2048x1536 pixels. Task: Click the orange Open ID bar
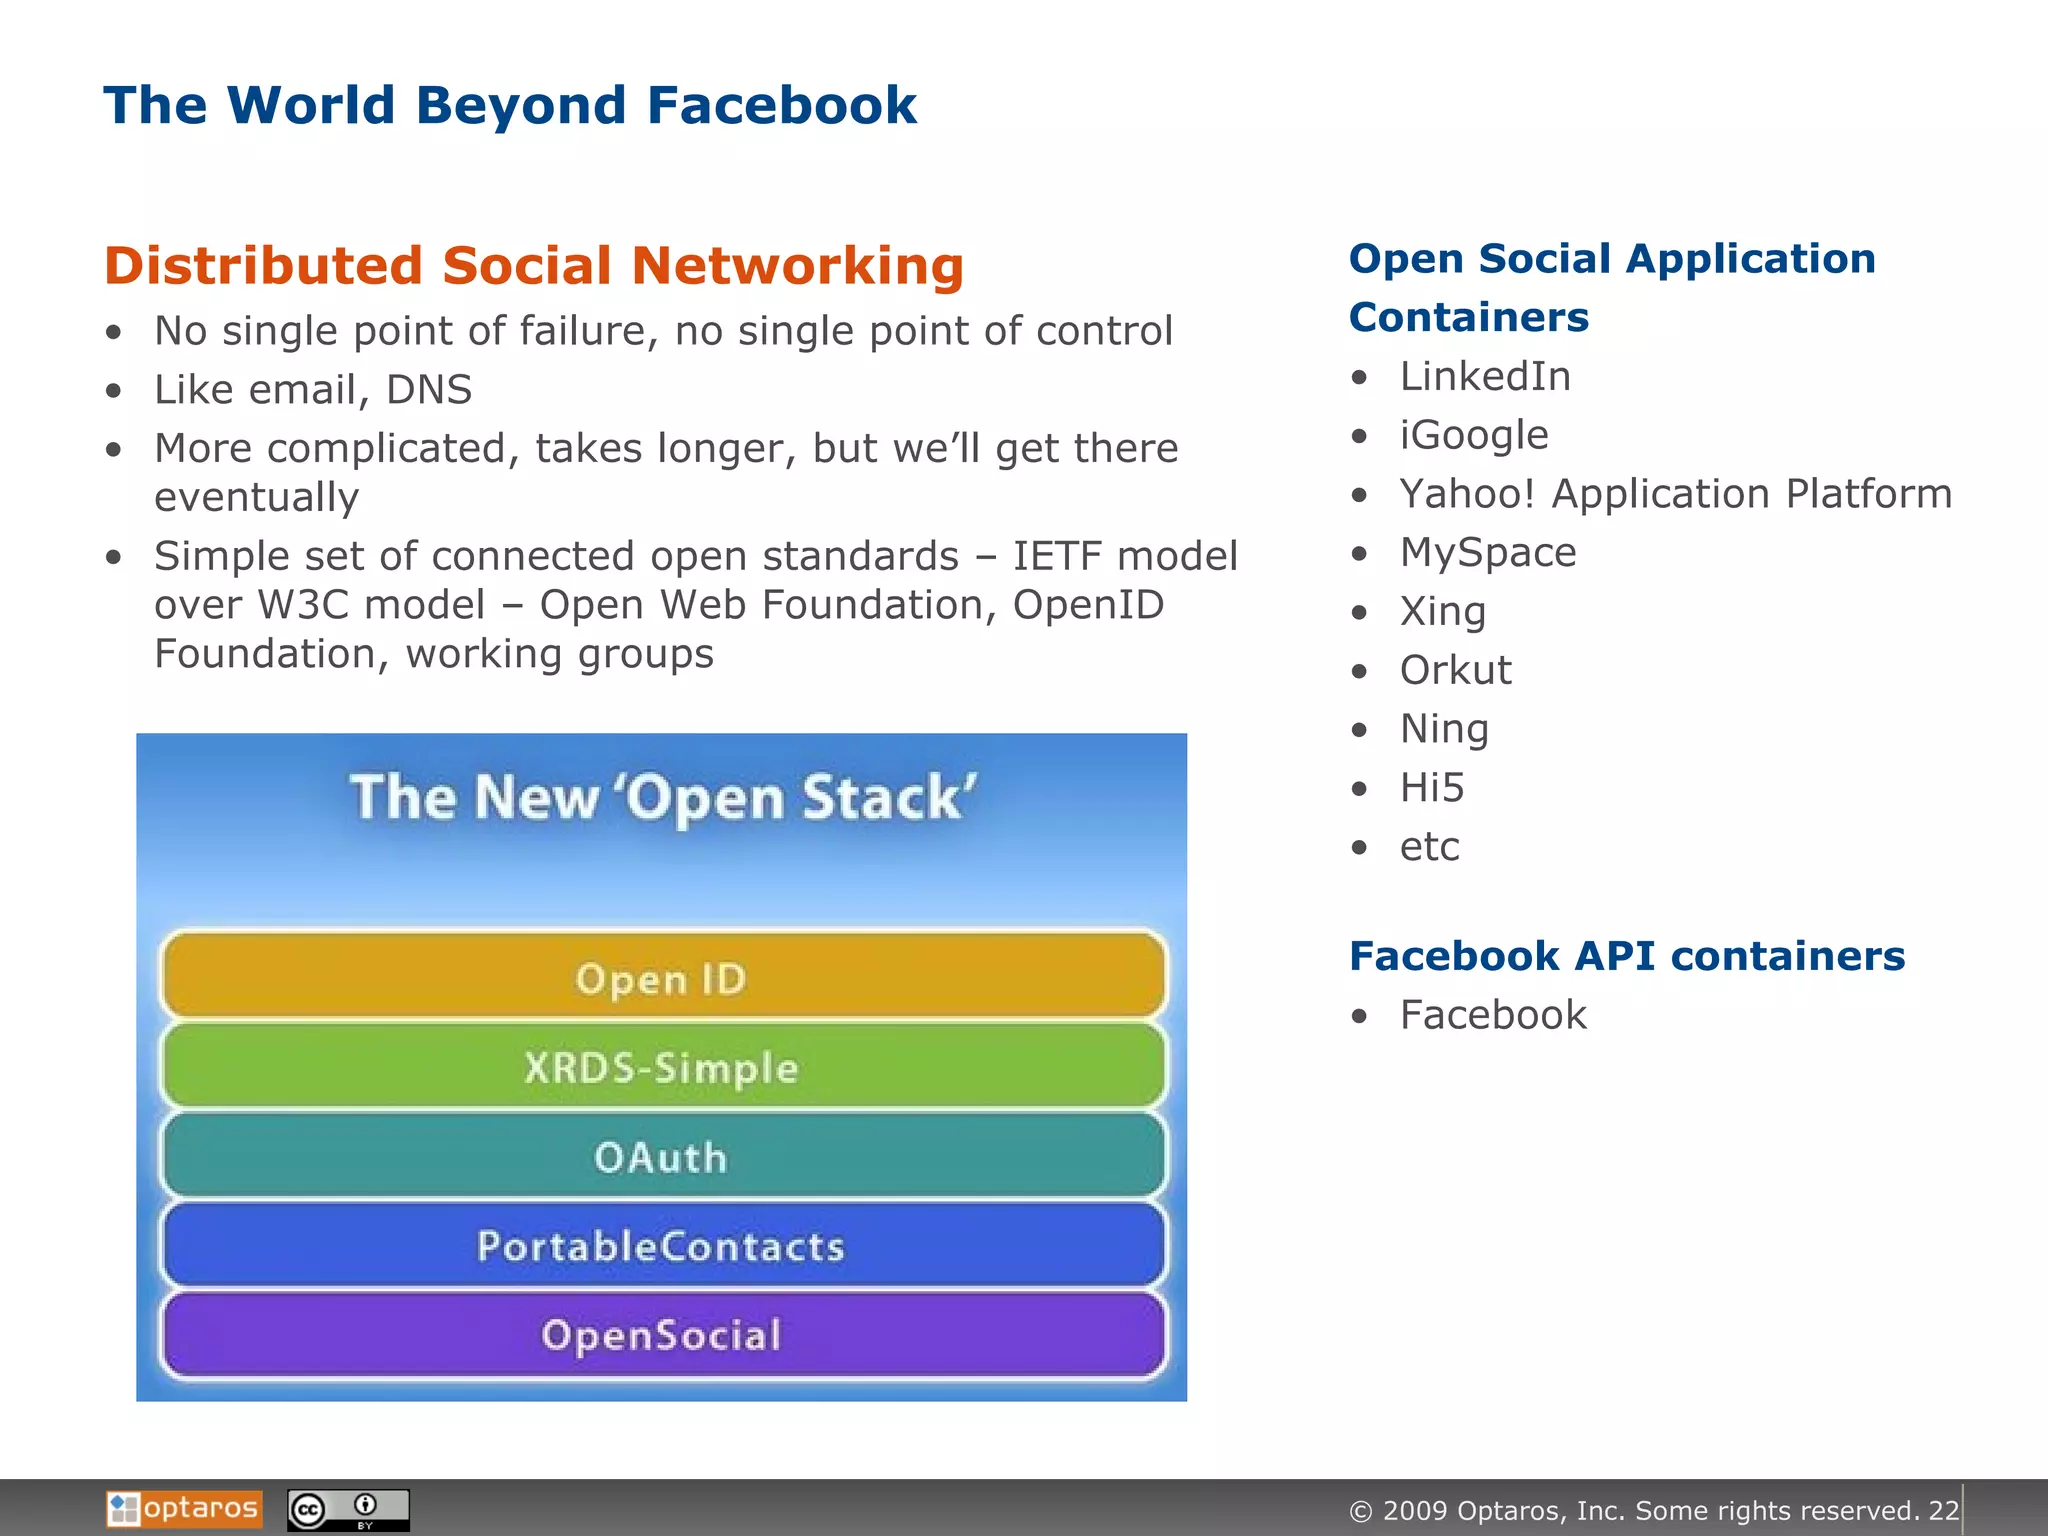[x=662, y=977]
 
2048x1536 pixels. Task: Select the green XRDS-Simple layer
[x=662, y=1067]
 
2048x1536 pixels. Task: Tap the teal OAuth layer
[x=662, y=1157]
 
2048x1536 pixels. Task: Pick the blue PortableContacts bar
[x=662, y=1246]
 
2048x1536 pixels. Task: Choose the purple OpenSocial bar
[x=662, y=1335]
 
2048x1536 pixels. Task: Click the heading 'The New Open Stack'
[x=662, y=798]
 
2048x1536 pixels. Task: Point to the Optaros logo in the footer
[x=184, y=1508]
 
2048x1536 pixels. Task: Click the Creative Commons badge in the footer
[x=348, y=1509]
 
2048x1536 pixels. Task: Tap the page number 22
[x=1943, y=1510]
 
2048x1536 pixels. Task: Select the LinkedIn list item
[x=1484, y=377]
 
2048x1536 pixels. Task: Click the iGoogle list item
[x=1473, y=435]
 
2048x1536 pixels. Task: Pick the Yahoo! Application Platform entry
[x=1675, y=494]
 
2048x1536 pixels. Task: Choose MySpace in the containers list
[x=1487, y=553]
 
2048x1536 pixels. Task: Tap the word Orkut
[x=1455, y=670]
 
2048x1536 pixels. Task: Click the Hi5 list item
[x=1431, y=788]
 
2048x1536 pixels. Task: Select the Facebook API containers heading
[x=1626, y=956]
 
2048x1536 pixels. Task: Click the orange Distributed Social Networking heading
[x=533, y=266]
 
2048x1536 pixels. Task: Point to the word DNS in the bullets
[x=429, y=390]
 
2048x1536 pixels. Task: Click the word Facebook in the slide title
[x=781, y=105]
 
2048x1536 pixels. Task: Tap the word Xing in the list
[x=1442, y=611]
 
